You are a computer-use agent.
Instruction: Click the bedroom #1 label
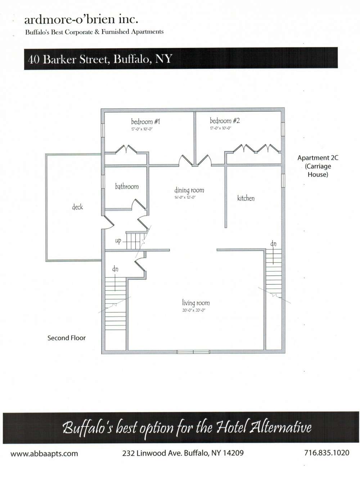145,122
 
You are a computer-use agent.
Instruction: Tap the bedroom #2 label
225,121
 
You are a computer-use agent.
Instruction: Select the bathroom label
127,186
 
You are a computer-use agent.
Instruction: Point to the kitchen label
246,198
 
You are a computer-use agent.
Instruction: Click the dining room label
189,190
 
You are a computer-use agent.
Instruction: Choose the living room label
196,303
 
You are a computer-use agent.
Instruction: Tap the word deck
77,207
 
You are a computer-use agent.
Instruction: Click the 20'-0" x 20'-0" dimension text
194,311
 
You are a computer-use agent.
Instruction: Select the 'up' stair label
118,241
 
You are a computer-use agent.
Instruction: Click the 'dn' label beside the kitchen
274,244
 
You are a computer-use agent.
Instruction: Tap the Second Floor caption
67,338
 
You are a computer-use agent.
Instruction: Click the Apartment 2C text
318,158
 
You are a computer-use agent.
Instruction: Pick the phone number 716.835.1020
327,453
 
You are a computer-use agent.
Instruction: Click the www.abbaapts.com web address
44,453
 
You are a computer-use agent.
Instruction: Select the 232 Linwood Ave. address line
183,453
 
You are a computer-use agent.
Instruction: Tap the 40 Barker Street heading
100,59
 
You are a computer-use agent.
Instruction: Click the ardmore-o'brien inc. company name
81,19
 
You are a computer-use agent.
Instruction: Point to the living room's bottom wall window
193,352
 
